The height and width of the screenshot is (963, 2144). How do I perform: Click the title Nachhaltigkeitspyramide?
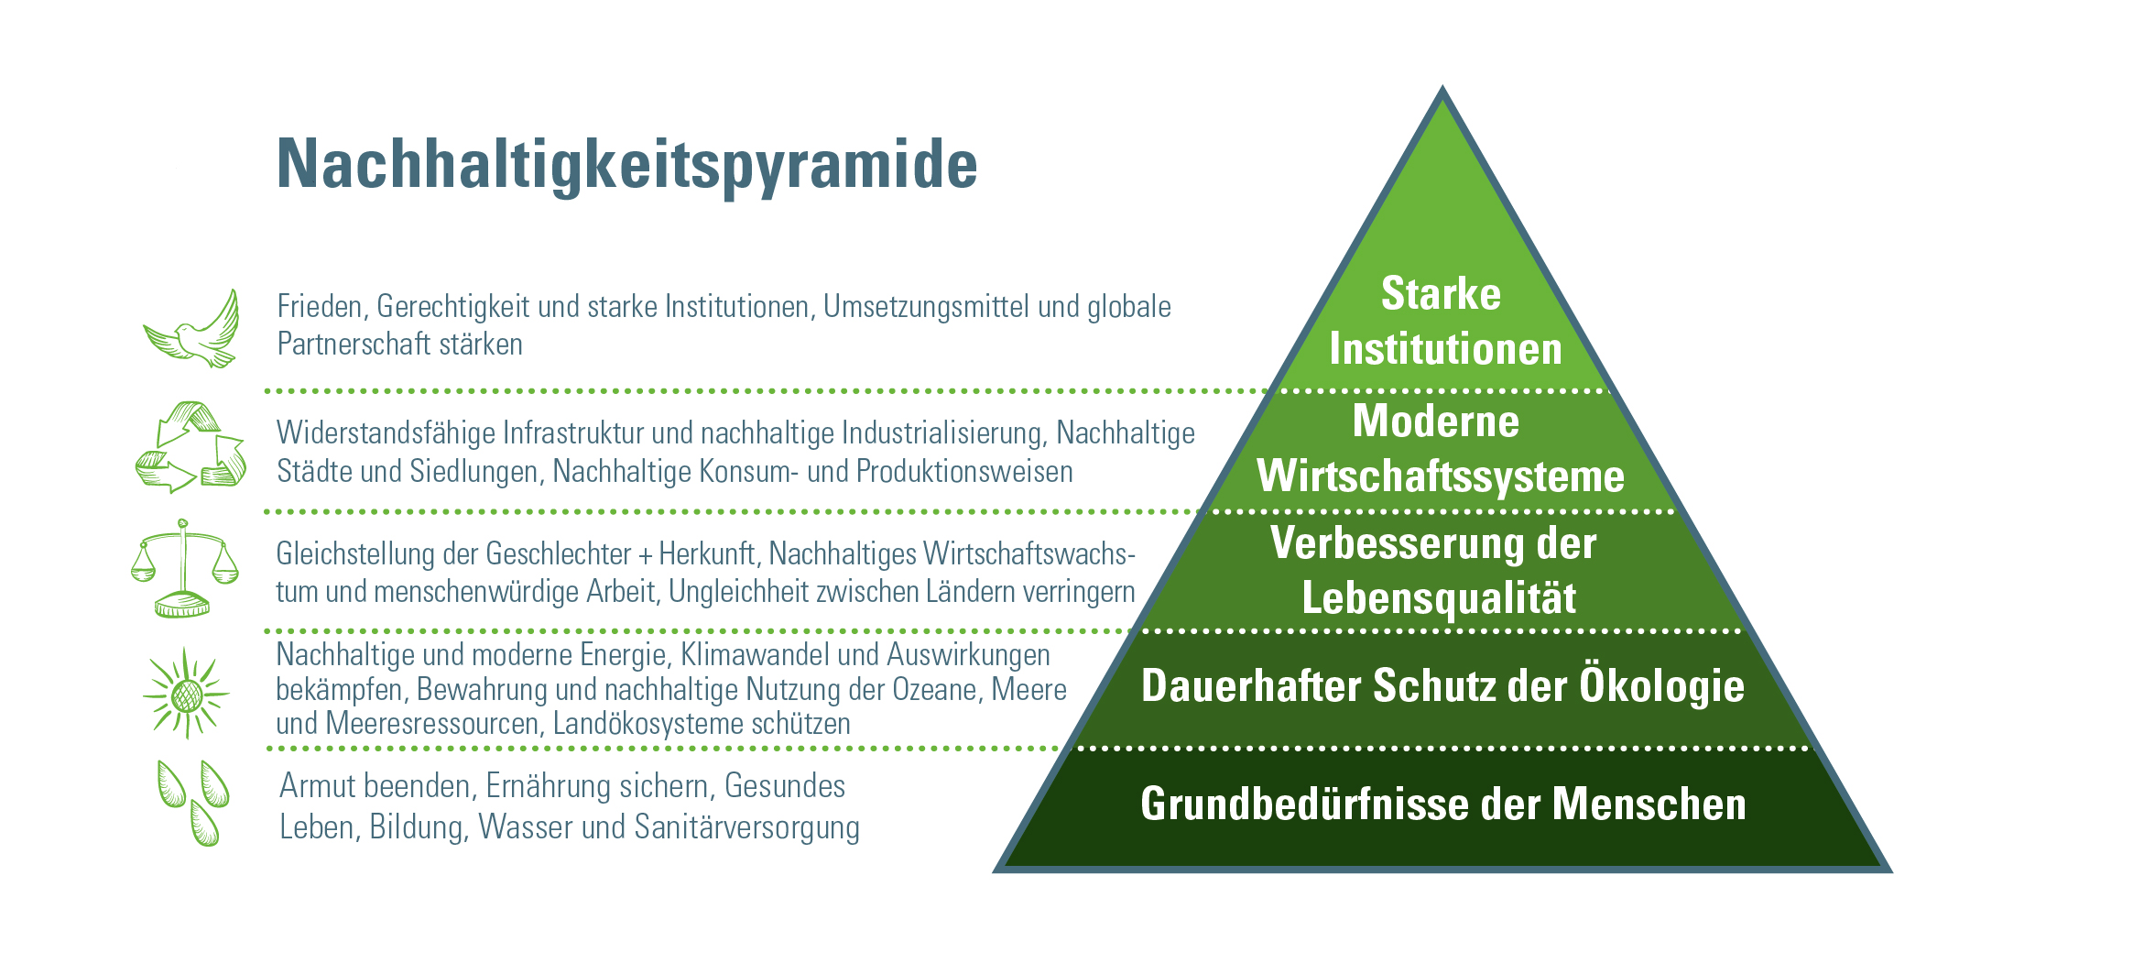click(627, 166)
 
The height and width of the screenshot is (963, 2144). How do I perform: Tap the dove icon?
click(193, 331)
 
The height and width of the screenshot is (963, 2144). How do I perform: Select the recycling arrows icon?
click(190, 447)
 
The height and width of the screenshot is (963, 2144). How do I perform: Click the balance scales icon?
click(184, 568)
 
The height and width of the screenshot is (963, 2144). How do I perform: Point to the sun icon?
click(187, 694)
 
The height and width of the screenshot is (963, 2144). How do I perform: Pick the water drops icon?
click(193, 802)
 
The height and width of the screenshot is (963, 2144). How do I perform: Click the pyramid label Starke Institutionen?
click(1443, 322)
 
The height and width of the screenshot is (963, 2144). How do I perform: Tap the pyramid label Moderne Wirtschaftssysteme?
click(1440, 449)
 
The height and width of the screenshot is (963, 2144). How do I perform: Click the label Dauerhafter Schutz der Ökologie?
click(1442, 686)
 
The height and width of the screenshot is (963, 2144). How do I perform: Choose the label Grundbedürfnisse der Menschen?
click(1442, 804)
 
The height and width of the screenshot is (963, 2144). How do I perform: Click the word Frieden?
click(322, 307)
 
